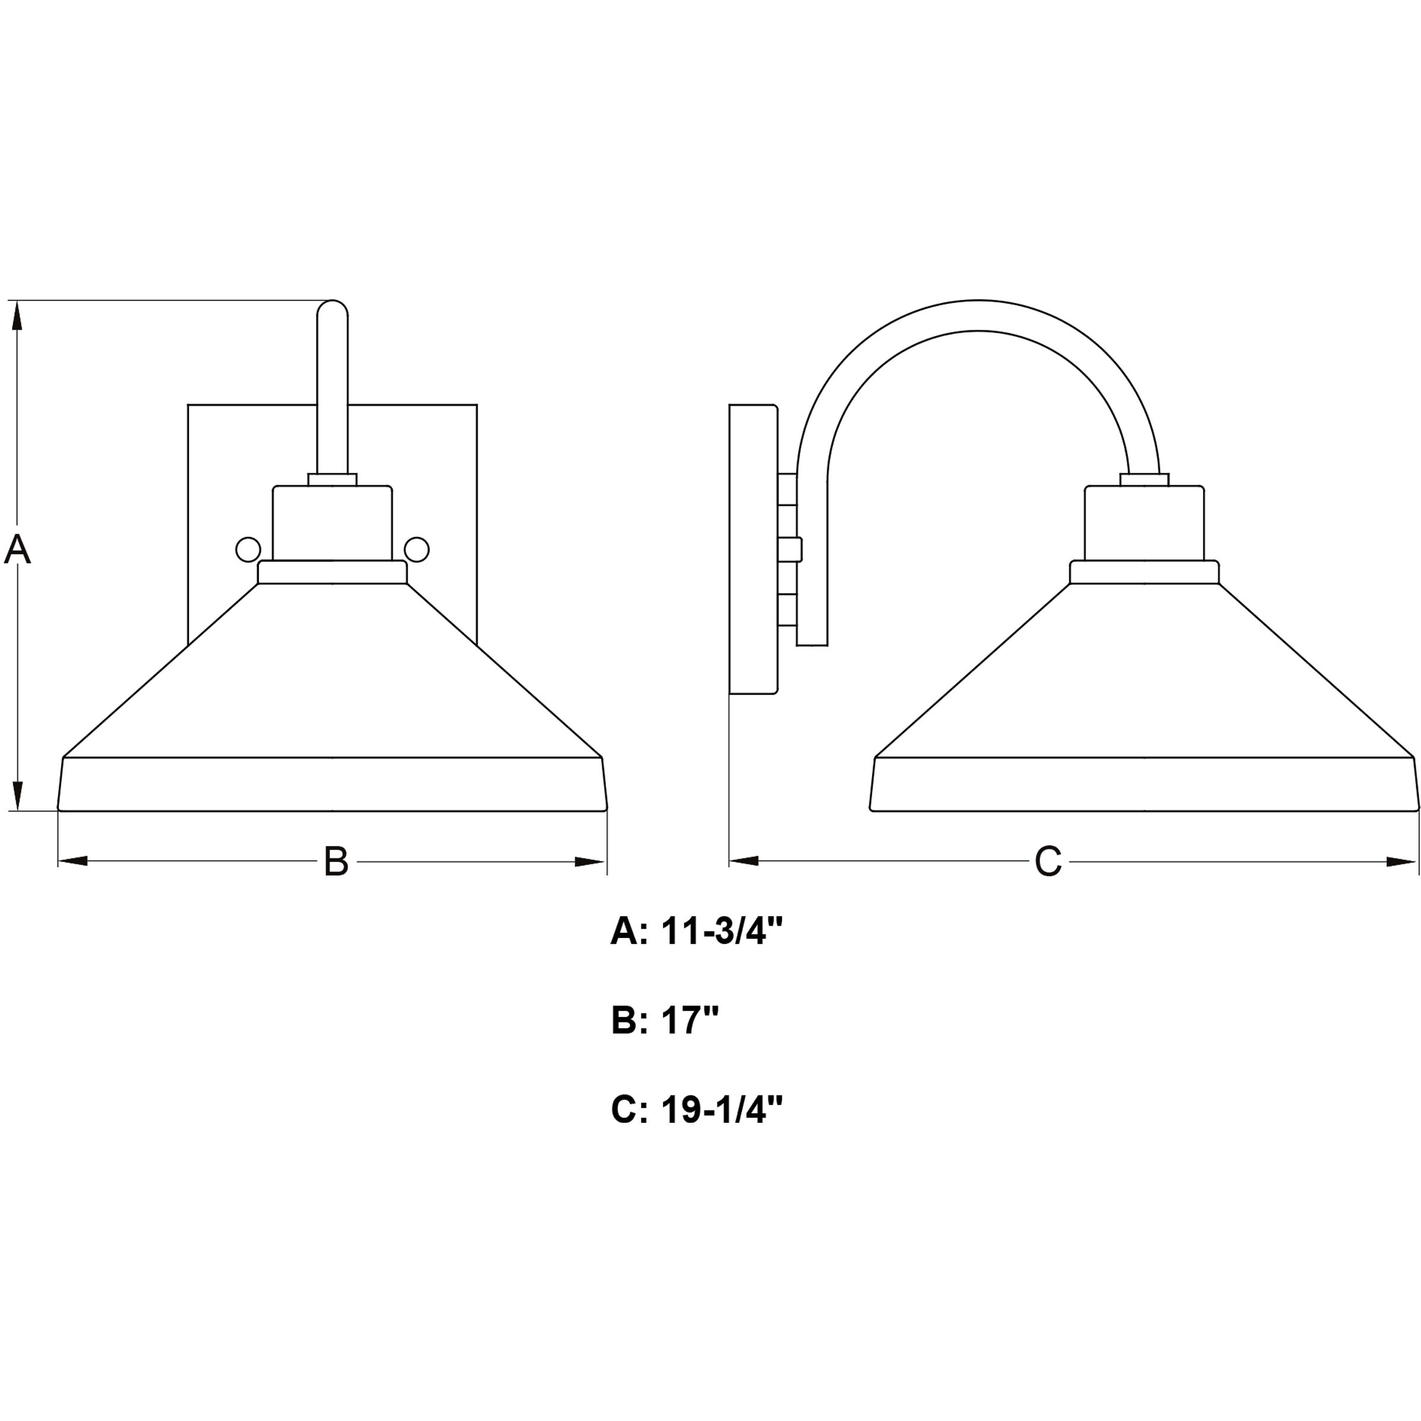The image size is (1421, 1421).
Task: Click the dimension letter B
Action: point(336,861)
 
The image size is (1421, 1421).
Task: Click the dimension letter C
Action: point(1048,861)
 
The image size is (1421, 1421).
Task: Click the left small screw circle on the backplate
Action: point(248,550)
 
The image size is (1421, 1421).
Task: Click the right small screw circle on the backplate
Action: point(417,550)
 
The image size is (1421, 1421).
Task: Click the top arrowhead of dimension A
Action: point(18,316)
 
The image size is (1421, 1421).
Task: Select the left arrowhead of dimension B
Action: point(72,861)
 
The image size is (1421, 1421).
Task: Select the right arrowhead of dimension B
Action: point(591,861)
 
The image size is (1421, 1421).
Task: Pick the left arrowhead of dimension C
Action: point(744,861)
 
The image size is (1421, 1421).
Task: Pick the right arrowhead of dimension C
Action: point(1402,861)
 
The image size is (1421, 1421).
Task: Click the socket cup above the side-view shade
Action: point(1144,524)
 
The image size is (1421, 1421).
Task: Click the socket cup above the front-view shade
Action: point(333,524)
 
